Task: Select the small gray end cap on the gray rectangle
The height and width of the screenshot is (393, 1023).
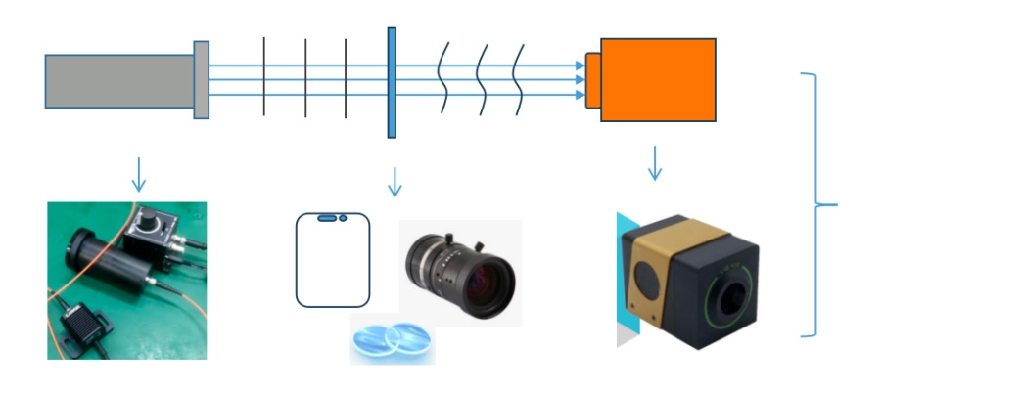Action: click(201, 80)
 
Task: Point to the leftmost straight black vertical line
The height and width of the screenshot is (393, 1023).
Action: click(264, 77)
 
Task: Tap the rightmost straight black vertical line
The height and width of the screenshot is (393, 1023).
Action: click(346, 77)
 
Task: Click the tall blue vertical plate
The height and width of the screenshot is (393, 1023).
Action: click(392, 82)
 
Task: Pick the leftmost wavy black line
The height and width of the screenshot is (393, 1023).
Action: click(443, 77)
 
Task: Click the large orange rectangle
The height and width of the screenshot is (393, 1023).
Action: click(658, 79)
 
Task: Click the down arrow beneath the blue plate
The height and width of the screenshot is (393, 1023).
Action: click(395, 181)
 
